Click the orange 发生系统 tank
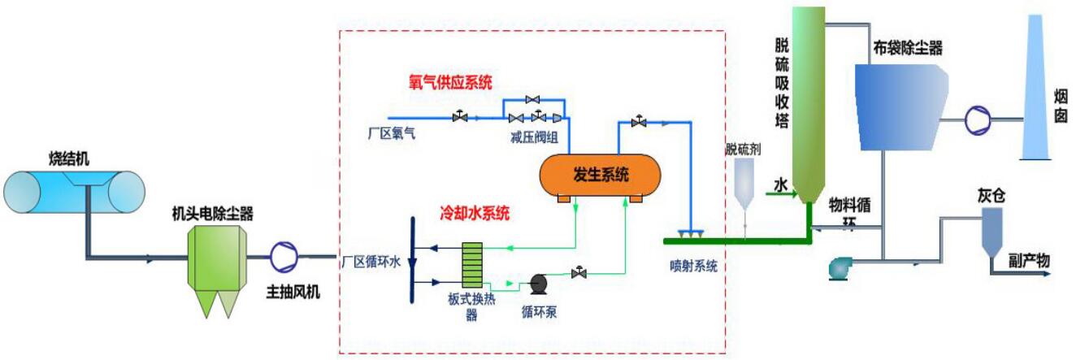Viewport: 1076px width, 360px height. click(x=600, y=174)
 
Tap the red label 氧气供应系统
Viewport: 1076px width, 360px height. click(x=450, y=82)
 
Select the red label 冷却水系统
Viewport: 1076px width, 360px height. click(x=475, y=215)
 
